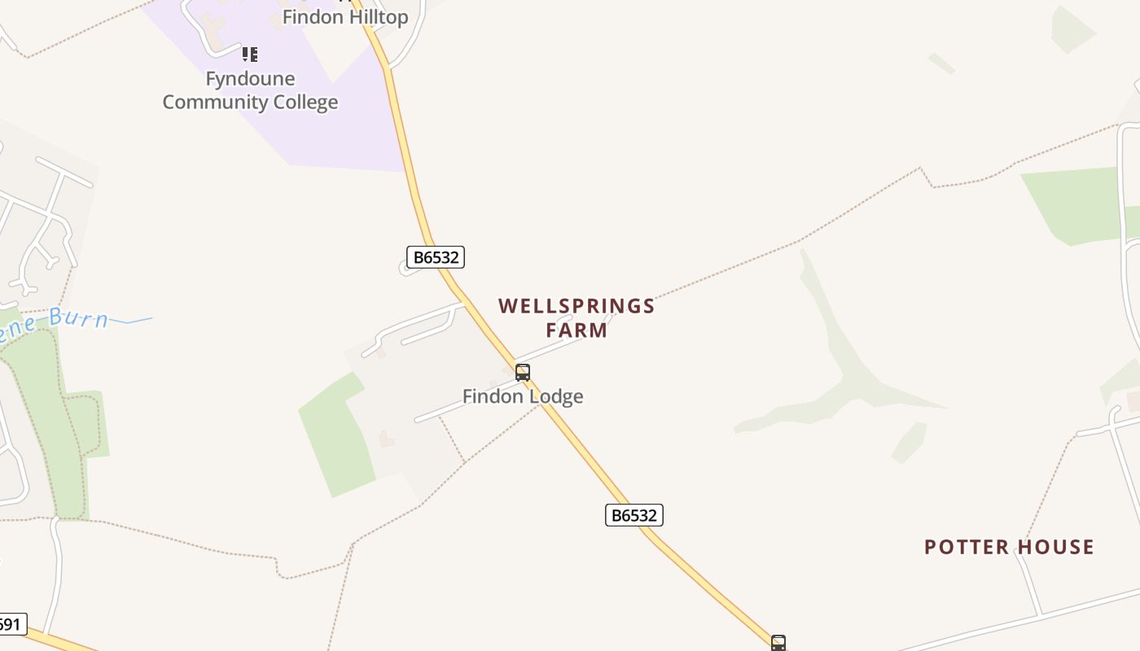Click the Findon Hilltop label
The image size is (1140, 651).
click(x=345, y=16)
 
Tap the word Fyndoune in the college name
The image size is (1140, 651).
click(x=250, y=79)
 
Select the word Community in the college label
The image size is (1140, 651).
click(x=214, y=103)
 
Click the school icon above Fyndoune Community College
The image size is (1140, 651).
click(x=250, y=55)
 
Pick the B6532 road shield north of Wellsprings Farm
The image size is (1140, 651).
click(x=436, y=257)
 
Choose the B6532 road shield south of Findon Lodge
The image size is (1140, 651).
click(x=634, y=515)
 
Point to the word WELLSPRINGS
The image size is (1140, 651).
click(x=577, y=306)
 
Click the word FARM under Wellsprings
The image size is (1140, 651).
click(x=577, y=330)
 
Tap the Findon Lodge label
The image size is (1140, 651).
click(x=523, y=396)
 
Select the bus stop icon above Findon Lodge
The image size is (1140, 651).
click(x=523, y=373)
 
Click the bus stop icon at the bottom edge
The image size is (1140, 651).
click(x=778, y=643)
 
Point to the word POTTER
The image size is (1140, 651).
click(x=962, y=547)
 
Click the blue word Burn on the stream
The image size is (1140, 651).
click(x=79, y=317)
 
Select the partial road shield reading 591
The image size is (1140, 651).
click(x=11, y=624)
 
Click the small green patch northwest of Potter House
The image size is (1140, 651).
click(x=910, y=442)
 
